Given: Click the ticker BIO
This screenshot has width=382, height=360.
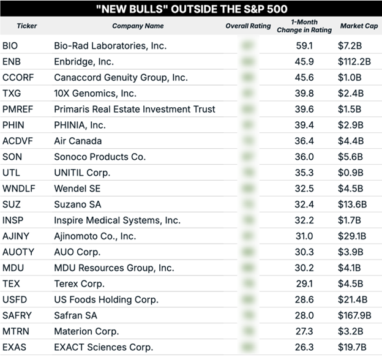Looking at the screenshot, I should pyautogui.click(x=10, y=46).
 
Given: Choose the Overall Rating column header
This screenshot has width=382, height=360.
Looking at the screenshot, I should pyautogui.click(x=249, y=26).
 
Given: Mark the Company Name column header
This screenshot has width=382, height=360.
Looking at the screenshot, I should pyautogui.click(x=138, y=26).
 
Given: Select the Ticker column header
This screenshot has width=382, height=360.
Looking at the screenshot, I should pyautogui.click(x=27, y=26).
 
